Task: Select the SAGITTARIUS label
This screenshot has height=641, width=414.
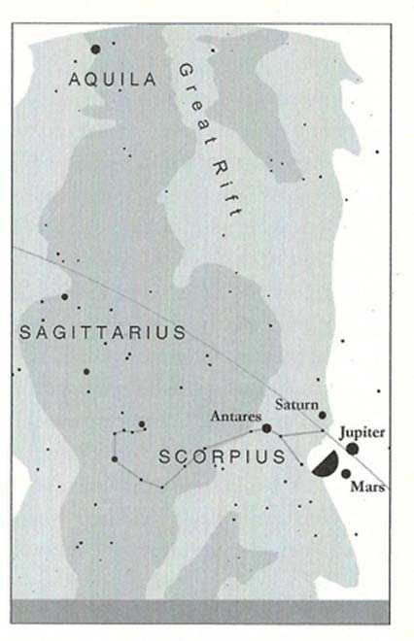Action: pyautogui.click(x=102, y=333)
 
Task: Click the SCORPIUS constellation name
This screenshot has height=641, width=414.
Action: pyautogui.click(x=222, y=456)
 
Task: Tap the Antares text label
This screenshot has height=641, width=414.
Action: pyautogui.click(x=236, y=416)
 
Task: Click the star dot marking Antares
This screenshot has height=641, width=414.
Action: pyautogui.click(x=266, y=427)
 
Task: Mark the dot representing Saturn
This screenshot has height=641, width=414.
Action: pyautogui.click(x=323, y=415)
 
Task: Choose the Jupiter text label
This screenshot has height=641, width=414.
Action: pyautogui.click(x=363, y=430)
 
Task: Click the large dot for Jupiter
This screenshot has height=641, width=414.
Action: pyautogui.click(x=352, y=448)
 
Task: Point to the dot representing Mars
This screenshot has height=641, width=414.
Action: pyautogui.click(x=346, y=474)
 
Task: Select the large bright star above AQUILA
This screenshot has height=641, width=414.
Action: pyautogui.click(x=95, y=49)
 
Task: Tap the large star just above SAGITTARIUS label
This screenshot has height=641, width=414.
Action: pyautogui.click(x=65, y=297)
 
